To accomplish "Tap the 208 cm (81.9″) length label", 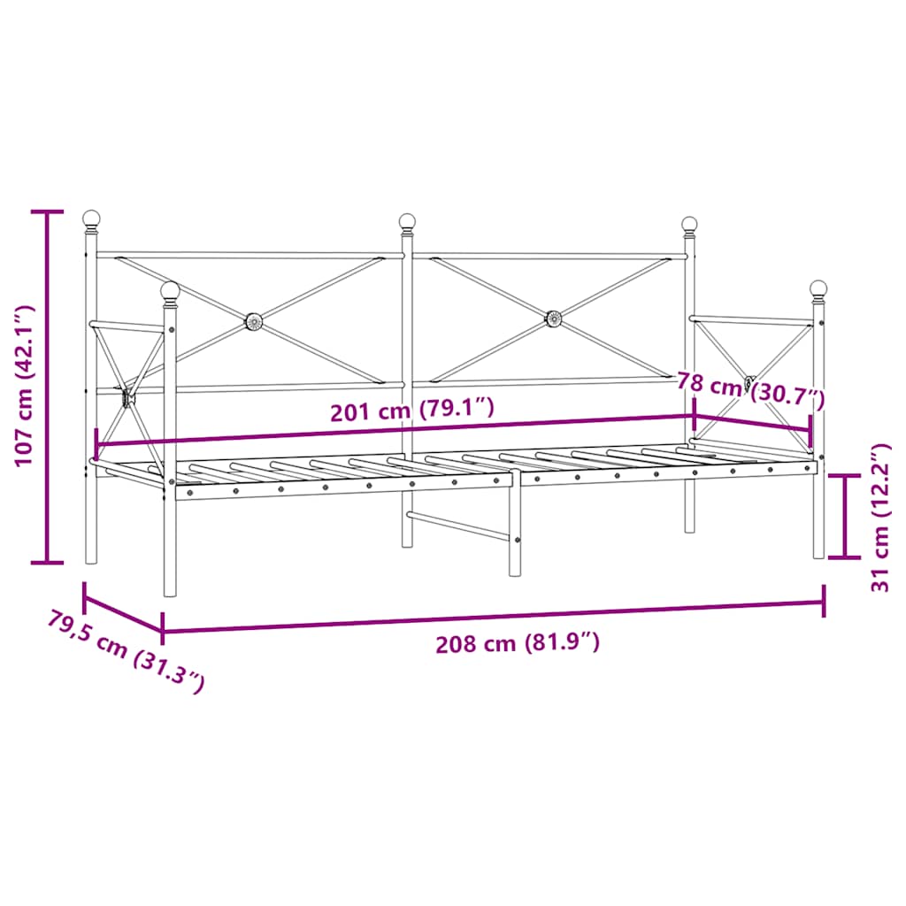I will pos(518,643).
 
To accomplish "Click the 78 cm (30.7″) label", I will pos(750,389).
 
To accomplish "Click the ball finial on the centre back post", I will pos(407,221).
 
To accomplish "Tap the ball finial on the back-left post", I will pos(91,218).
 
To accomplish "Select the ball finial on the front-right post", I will pos(818,288).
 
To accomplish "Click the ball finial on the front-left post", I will pos(170,289).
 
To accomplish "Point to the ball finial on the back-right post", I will pos(689,224).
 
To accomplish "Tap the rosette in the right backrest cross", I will pos(554,318).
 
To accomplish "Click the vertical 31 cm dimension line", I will pos(847,517).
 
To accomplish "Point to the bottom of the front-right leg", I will pos(818,552).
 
